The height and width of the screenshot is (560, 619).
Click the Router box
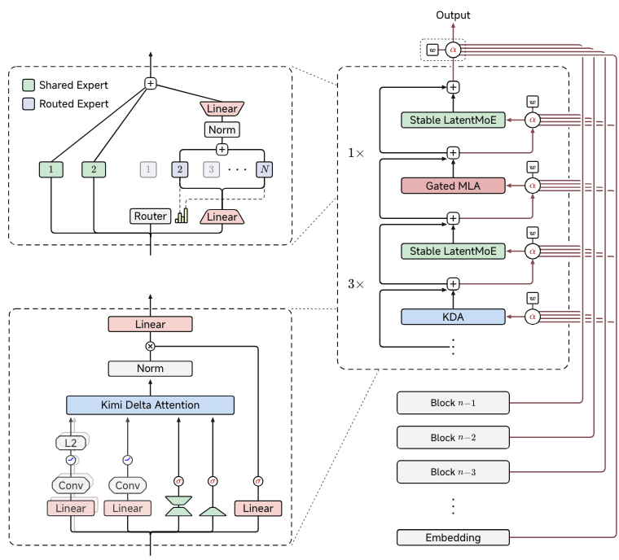click(151, 217)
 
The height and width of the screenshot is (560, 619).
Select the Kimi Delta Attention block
click(150, 405)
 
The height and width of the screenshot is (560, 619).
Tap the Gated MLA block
click(453, 186)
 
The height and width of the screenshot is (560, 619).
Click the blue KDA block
click(453, 317)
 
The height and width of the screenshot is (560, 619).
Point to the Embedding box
click(453, 537)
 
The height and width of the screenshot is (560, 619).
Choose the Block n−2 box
click(453, 437)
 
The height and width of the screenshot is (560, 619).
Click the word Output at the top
click(453, 15)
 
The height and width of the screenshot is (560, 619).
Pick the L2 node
click(71, 443)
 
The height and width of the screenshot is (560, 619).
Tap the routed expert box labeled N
click(264, 169)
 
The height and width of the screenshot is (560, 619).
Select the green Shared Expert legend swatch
click(29, 85)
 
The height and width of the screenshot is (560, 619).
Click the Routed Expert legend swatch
click(29, 104)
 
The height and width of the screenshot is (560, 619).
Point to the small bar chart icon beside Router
click(182, 216)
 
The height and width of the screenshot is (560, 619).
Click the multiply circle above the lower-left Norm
click(150, 346)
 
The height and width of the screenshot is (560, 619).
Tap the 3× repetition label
click(356, 284)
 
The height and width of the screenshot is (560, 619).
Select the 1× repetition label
click(356, 153)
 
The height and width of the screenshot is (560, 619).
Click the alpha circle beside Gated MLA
click(532, 186)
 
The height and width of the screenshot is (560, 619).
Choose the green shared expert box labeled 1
click(51, 169)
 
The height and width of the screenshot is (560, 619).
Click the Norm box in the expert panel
click(222, 129)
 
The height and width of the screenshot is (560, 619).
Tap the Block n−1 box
click(453, 403)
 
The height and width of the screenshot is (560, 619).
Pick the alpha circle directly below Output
click(453, 50)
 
